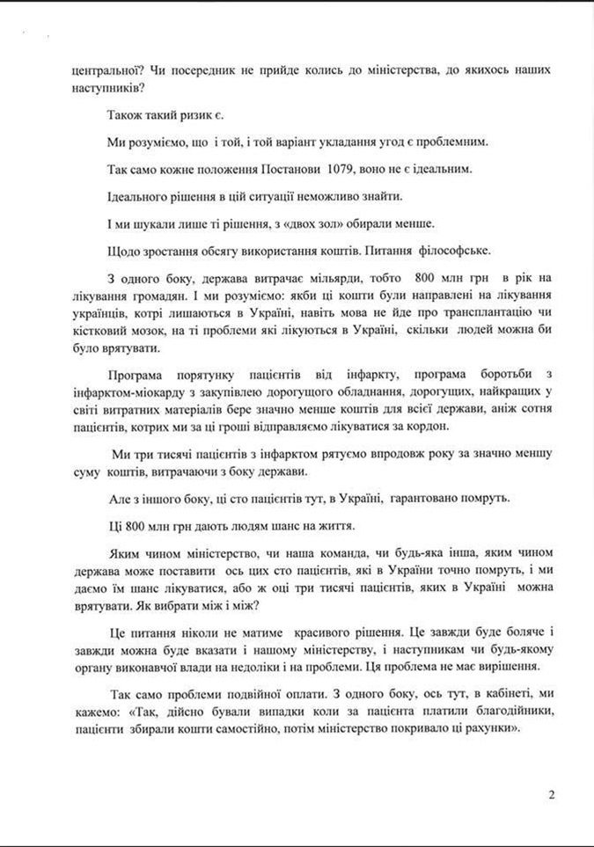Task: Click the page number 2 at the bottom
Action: [x=552, y=797]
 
